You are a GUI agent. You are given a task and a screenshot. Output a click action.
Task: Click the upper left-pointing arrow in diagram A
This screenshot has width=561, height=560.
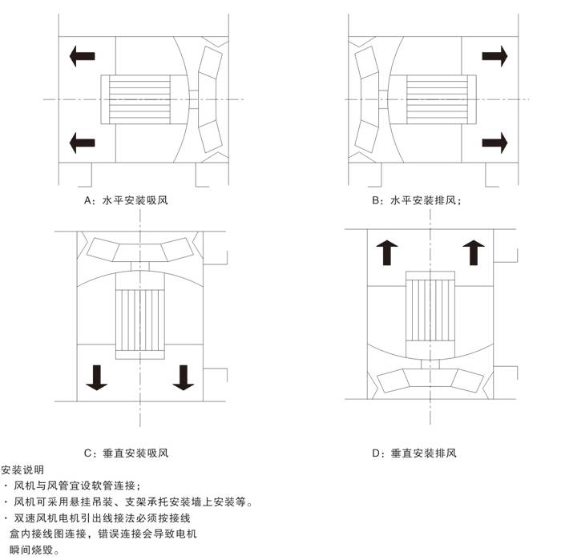82,56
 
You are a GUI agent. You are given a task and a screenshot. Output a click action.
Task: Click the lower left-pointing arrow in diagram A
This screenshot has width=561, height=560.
82,143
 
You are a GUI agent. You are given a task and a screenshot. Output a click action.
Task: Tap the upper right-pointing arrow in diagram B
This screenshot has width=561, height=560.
494,56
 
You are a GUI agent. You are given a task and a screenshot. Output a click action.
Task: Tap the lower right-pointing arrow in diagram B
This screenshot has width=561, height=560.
494,143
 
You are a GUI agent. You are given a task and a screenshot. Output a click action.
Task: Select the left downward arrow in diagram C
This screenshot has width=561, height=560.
97,377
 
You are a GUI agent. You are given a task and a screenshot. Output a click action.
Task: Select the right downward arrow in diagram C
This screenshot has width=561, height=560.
184,377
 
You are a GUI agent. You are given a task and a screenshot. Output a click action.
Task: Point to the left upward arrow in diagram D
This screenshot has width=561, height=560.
387,252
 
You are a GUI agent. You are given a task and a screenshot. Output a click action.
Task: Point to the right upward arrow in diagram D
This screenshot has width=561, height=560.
474,252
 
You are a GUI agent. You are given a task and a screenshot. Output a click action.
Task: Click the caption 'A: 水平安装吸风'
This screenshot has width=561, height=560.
126,200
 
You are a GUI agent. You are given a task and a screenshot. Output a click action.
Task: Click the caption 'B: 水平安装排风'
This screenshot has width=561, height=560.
417,200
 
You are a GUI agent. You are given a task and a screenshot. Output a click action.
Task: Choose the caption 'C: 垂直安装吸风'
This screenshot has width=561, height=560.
126,453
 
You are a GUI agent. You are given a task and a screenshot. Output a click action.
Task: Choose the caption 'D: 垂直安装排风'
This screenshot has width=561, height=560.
414,453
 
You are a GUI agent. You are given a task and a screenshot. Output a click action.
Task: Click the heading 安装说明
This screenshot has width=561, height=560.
22,470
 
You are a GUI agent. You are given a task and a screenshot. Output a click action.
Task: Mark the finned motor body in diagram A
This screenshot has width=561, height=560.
139,99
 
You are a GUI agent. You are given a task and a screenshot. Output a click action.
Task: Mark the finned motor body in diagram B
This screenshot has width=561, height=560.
437,99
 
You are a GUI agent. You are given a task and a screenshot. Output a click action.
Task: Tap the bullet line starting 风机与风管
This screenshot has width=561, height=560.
73,485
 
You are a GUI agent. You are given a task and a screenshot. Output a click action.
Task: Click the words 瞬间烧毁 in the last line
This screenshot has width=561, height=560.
31,550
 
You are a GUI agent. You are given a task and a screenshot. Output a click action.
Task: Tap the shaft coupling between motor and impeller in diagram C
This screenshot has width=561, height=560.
140,267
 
